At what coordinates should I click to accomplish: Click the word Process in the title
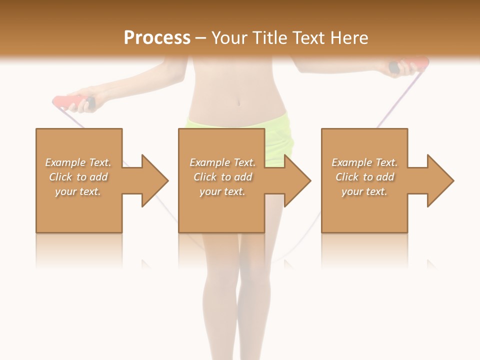pyautogui.click(x=157, y=38)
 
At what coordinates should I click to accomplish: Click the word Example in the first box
pyautogui.click(x=65, y=162)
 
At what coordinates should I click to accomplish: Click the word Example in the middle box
pyautogui.click(x=209, y=162)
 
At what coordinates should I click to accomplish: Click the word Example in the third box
pyautogui.click(x=351, y=162)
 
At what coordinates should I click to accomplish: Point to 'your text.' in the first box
pyautogui.click(x=78, y=191)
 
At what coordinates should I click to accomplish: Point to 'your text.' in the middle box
pyautogui.click(x=222, y=191)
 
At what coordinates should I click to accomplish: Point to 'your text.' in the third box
pyautogui.click(x=364, y=191)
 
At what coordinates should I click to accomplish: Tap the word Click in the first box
pyautogui.click(x=60, y=177)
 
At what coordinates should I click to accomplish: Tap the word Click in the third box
pyautogui.click(x=347, y=177)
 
